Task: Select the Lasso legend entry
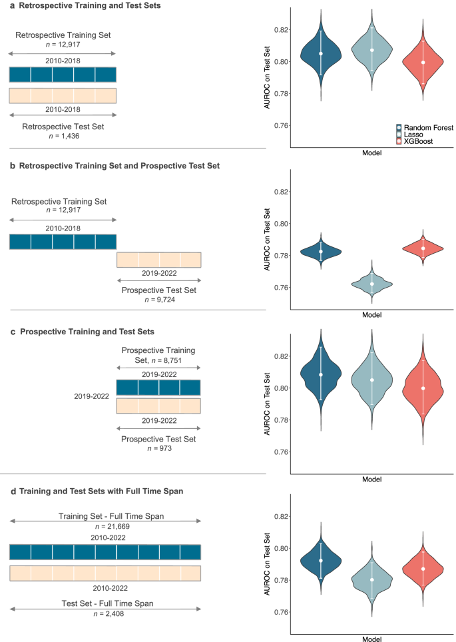pos(413,135)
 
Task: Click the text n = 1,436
pos(62,135)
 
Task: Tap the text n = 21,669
pos(105,527)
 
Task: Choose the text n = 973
pos(158,449)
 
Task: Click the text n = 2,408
pos(105,613)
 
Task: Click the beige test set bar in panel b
pos(158,259)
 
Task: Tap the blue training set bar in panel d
pos(105,552)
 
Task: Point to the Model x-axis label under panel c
pos(372,479)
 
